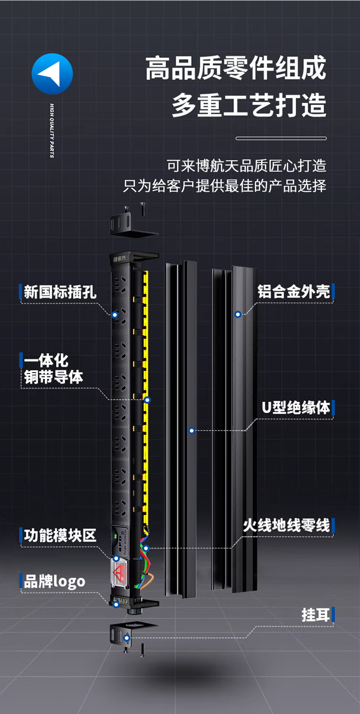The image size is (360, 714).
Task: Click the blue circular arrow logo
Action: click(52, 74)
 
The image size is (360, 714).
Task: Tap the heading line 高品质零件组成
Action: click(236, 69)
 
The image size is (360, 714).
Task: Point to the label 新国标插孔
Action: click(60, 292)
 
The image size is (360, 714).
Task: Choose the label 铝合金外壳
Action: click(293, 292)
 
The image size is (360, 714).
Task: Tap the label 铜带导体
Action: click(54, 378)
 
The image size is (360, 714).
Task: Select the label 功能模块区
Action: click(60, 535)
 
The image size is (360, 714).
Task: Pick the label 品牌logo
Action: click(54, 581)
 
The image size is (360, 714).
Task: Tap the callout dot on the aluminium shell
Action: click(237, 314)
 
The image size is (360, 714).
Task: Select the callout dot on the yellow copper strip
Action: click(147, 400)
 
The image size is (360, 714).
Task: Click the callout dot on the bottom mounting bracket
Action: click(127, 638)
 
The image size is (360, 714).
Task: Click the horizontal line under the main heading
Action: click(281, 138)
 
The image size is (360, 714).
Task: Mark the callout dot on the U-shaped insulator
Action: click(192, 430)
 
